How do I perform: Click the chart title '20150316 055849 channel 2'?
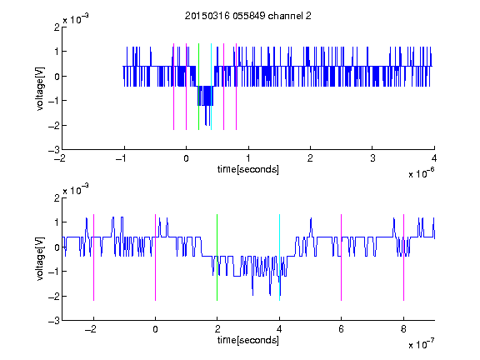click(248, 16)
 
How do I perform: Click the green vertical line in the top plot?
click(198, 87)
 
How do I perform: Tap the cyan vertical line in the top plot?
click(211, 87)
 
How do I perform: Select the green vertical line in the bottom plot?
click(217, 257)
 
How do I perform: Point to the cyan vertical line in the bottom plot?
click(279, 257)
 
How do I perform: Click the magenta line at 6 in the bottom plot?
click(342, 257)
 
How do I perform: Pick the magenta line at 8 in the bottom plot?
click(404, 257)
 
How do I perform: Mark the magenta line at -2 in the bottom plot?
click(93, 257)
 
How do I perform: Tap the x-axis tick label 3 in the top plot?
click(372, 158)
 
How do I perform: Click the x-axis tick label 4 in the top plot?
click(434, 158)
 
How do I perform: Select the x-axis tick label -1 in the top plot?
click(122, 158)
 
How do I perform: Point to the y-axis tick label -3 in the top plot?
click(54, 150)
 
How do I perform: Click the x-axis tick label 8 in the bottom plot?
click(403, 329)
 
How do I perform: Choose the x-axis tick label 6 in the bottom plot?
click(342, 329)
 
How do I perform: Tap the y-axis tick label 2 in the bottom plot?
click(57, 197)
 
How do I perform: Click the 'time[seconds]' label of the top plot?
click(248, 169)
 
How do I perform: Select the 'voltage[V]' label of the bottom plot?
click(40, 259)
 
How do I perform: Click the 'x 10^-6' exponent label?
click(421, 172)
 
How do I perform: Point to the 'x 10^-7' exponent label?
click(421, 343)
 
